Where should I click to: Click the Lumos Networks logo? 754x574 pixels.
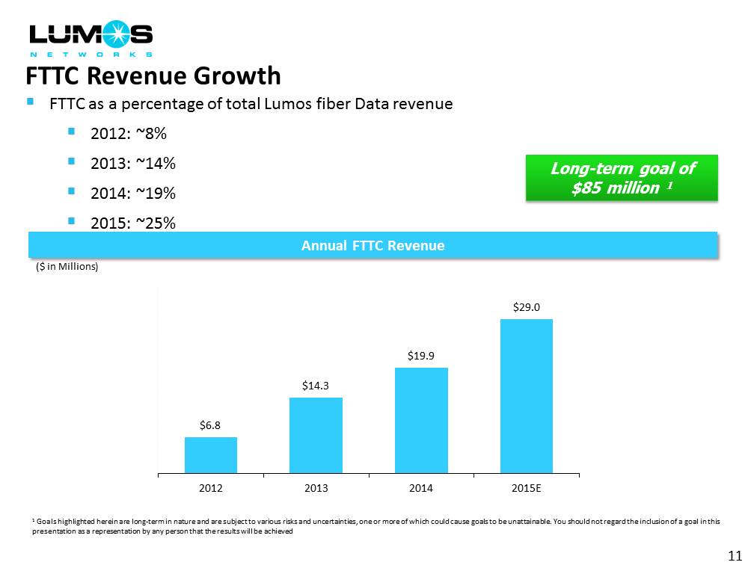[90, 40]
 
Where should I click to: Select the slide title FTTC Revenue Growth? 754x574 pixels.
[153, 76]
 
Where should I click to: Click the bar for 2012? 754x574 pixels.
[211, 454]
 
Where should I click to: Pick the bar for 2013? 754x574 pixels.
[316, 435]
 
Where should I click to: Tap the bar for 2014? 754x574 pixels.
[421, 420]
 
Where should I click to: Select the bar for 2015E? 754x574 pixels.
[526, 396]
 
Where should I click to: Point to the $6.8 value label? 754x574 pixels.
[210, 425]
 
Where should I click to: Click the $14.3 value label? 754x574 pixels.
[316, 386]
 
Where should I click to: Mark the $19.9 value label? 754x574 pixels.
[421, 356]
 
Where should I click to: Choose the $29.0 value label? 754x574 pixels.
[527, 306]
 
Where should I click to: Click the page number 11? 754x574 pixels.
[734, 555]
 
